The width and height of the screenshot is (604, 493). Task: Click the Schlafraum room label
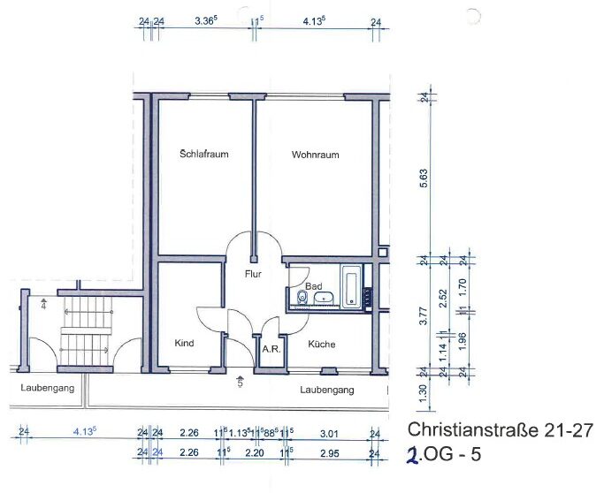point(204,154)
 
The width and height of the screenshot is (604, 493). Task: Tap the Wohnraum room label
point(315,155)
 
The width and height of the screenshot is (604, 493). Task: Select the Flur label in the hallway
point(253,274)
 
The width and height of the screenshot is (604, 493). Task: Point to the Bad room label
point(314,286)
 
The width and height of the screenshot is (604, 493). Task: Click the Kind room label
point(184,343)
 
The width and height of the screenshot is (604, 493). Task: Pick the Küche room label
point(322,344)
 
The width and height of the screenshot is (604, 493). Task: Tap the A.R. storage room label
point(271,350)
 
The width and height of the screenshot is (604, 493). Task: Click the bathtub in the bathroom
point(351,287)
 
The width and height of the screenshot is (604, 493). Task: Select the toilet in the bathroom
point(302,297)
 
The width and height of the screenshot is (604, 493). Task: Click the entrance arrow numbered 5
point(240,381)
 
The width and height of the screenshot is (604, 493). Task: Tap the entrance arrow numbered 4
point(43,304)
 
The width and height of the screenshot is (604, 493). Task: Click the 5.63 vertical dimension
point(424,178)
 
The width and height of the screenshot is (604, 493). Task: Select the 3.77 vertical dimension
point(423,315)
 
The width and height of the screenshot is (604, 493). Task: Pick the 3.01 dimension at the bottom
point(329,434)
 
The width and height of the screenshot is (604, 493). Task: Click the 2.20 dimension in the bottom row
point(254,453)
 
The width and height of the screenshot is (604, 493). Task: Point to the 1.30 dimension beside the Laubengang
point(423,392)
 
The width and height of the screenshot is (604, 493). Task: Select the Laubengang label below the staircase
point(48,388)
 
